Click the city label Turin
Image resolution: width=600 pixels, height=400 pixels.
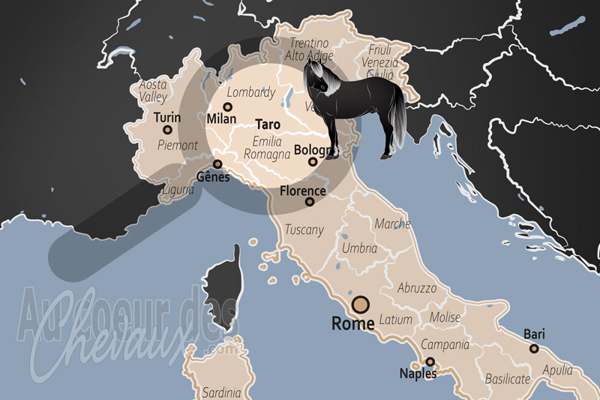[167, 118]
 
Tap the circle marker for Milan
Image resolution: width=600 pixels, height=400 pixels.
[226, 107]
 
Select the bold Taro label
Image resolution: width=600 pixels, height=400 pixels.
[267, 124]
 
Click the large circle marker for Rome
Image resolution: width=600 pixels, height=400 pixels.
[361, 304]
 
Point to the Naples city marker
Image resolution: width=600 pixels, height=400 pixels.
[430, 361]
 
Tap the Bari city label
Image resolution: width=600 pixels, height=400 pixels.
[534, 334]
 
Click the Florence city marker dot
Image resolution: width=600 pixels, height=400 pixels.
[310, 201]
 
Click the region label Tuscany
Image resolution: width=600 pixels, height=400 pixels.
[304, 230]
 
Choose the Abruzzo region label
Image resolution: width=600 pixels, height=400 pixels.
[416, 287]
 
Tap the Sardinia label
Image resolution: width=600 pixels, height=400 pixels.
[222, 392]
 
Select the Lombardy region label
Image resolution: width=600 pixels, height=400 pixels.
[251, 93]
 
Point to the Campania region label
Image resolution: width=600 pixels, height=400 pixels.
[445, 345]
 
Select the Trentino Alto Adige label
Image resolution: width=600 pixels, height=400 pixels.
[309, 49]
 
